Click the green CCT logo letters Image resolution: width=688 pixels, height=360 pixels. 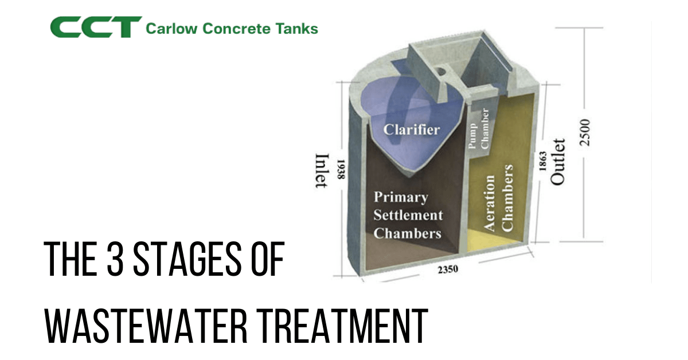[95, 27]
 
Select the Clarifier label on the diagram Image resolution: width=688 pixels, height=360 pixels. [412, 129]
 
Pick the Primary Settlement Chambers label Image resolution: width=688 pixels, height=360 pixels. [408, 216]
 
